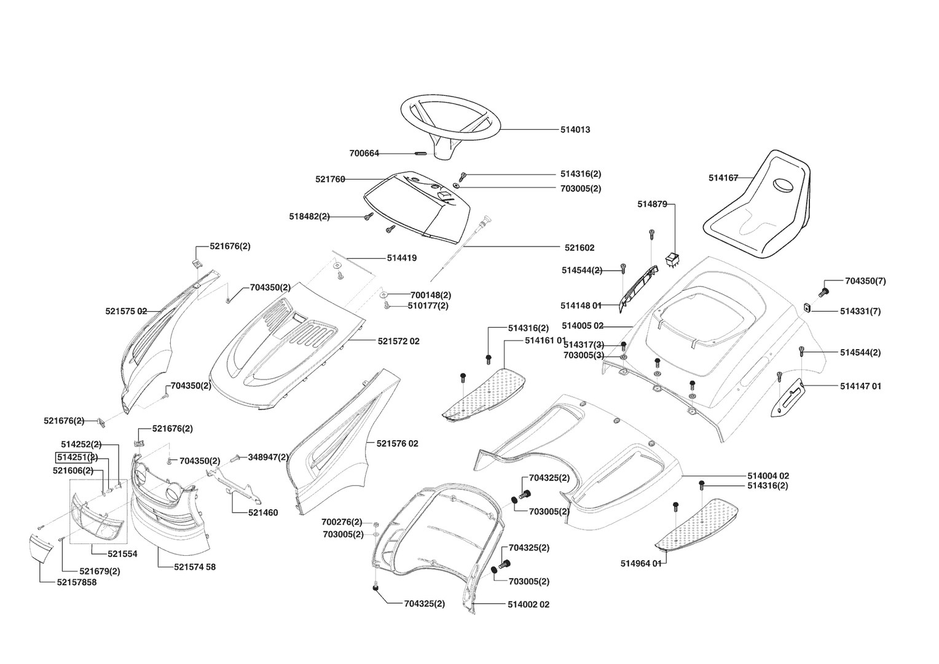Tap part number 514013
(x=575, y=130)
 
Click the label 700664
(x=364, y=153)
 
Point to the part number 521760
(x=330, y=180)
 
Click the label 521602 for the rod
(x=580, y=248)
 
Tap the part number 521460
(x=262, y=513)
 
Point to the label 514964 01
(x=641, y=563)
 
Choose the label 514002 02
(x=528, y=604)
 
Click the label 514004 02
(x=768, y=476)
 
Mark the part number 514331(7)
(x=860, y=311)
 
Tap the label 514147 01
(x=860, y=386)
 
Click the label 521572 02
(x=398, y=341)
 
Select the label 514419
(x=401, y=258)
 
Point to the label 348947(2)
(x=268, y=457)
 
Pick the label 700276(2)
(x=342, y=522)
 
